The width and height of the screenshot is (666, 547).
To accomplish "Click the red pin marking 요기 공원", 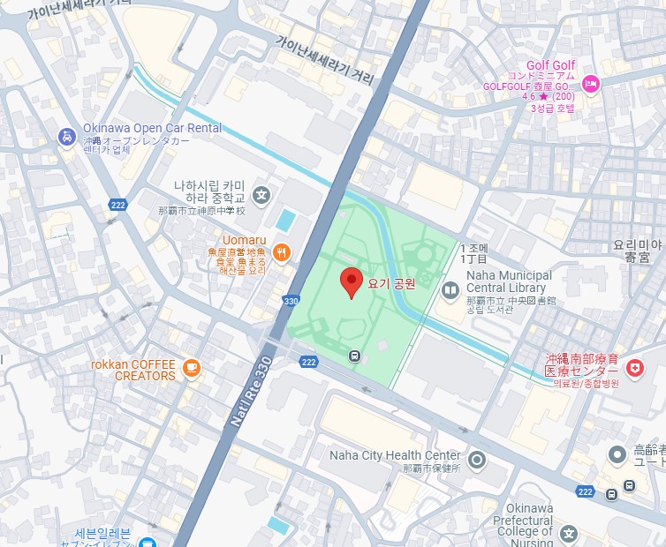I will coord(352,282).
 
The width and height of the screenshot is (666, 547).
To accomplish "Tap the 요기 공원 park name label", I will coord(391,283).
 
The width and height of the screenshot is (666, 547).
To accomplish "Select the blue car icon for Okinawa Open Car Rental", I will coord(66,136).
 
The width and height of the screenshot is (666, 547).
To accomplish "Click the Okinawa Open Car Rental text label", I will coord(151,128).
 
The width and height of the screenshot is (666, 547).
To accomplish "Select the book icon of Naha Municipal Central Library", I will coord(450,289).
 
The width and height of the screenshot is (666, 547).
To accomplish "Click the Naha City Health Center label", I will coord(394,455).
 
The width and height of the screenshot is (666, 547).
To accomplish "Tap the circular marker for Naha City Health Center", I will coord(477,459).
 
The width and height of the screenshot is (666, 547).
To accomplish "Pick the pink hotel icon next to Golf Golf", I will coord(591,84).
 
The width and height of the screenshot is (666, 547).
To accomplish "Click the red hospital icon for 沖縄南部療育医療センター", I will coord(633,366).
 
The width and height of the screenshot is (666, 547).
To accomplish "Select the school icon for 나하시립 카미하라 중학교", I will coord(261,194).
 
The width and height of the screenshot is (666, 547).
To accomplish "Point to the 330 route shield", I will coord(291,301).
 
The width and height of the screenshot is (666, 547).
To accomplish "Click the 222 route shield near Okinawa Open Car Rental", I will coord(119,205).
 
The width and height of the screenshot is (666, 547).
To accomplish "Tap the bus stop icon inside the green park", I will coord(354,356).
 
